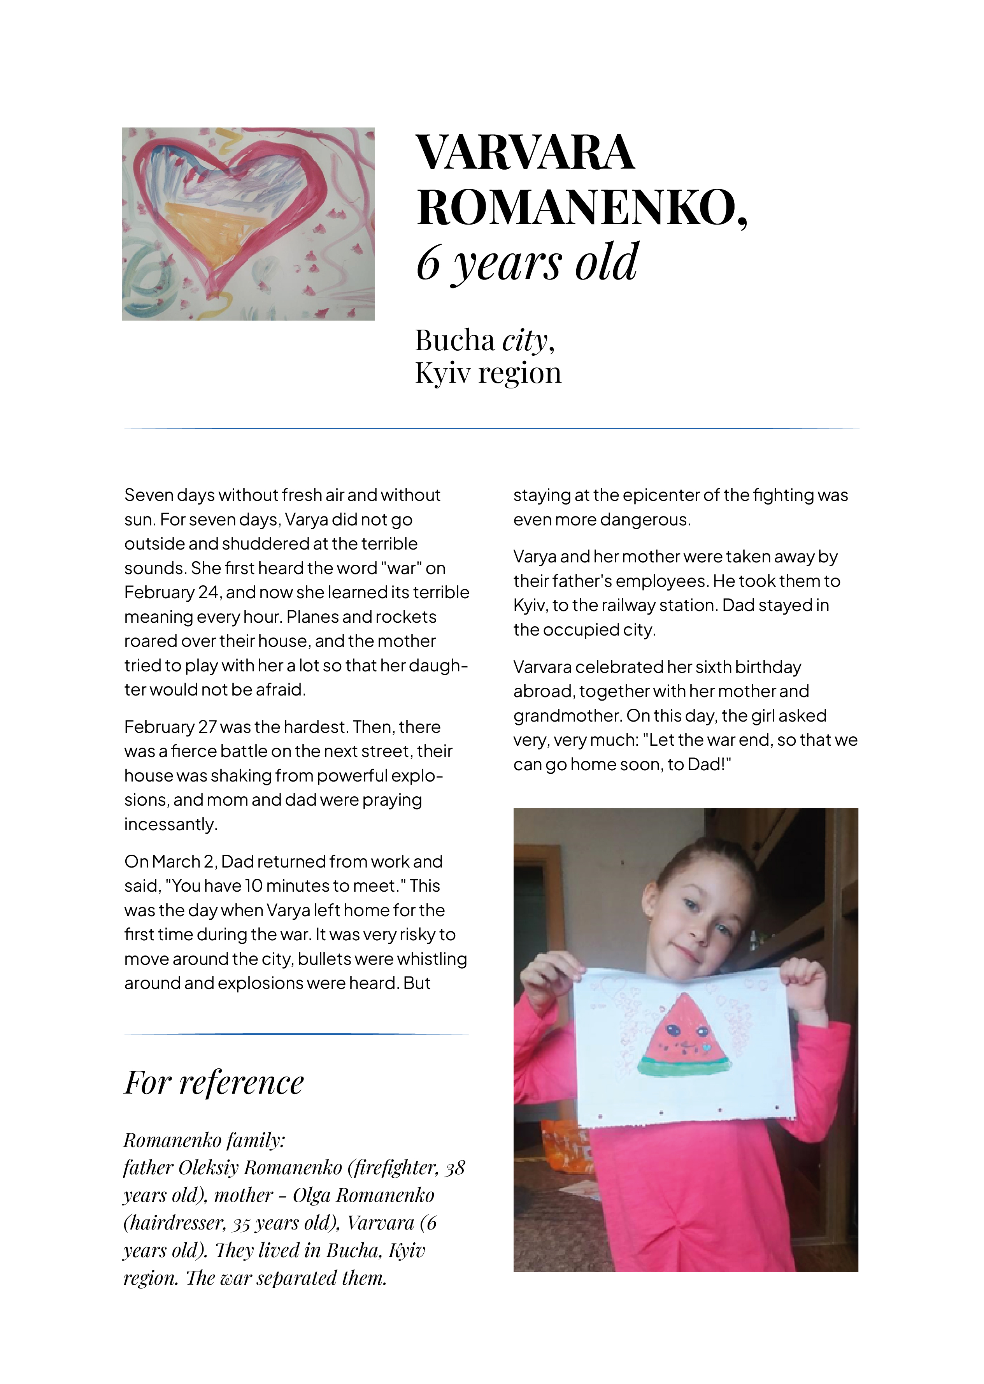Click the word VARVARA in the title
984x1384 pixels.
coord(525,153)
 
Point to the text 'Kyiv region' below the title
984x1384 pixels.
coord(488,373)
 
